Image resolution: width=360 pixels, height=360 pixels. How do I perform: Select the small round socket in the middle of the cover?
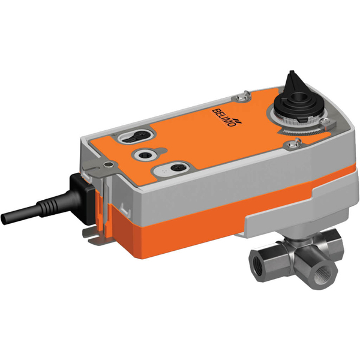[145, 155]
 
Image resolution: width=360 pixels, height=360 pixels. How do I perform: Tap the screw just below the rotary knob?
[295, 142]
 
